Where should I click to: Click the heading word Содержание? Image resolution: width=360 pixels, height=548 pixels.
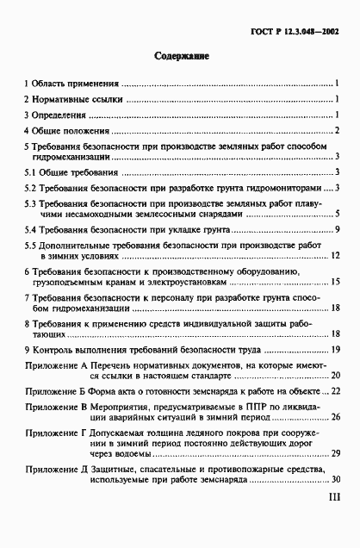(x=182, y=56)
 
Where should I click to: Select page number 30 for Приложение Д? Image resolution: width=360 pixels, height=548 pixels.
(x=337, y=480)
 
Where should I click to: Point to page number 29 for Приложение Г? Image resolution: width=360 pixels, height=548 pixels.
(x=337, y=452)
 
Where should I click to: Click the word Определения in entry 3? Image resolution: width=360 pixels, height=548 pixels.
(x=59, y=115)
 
